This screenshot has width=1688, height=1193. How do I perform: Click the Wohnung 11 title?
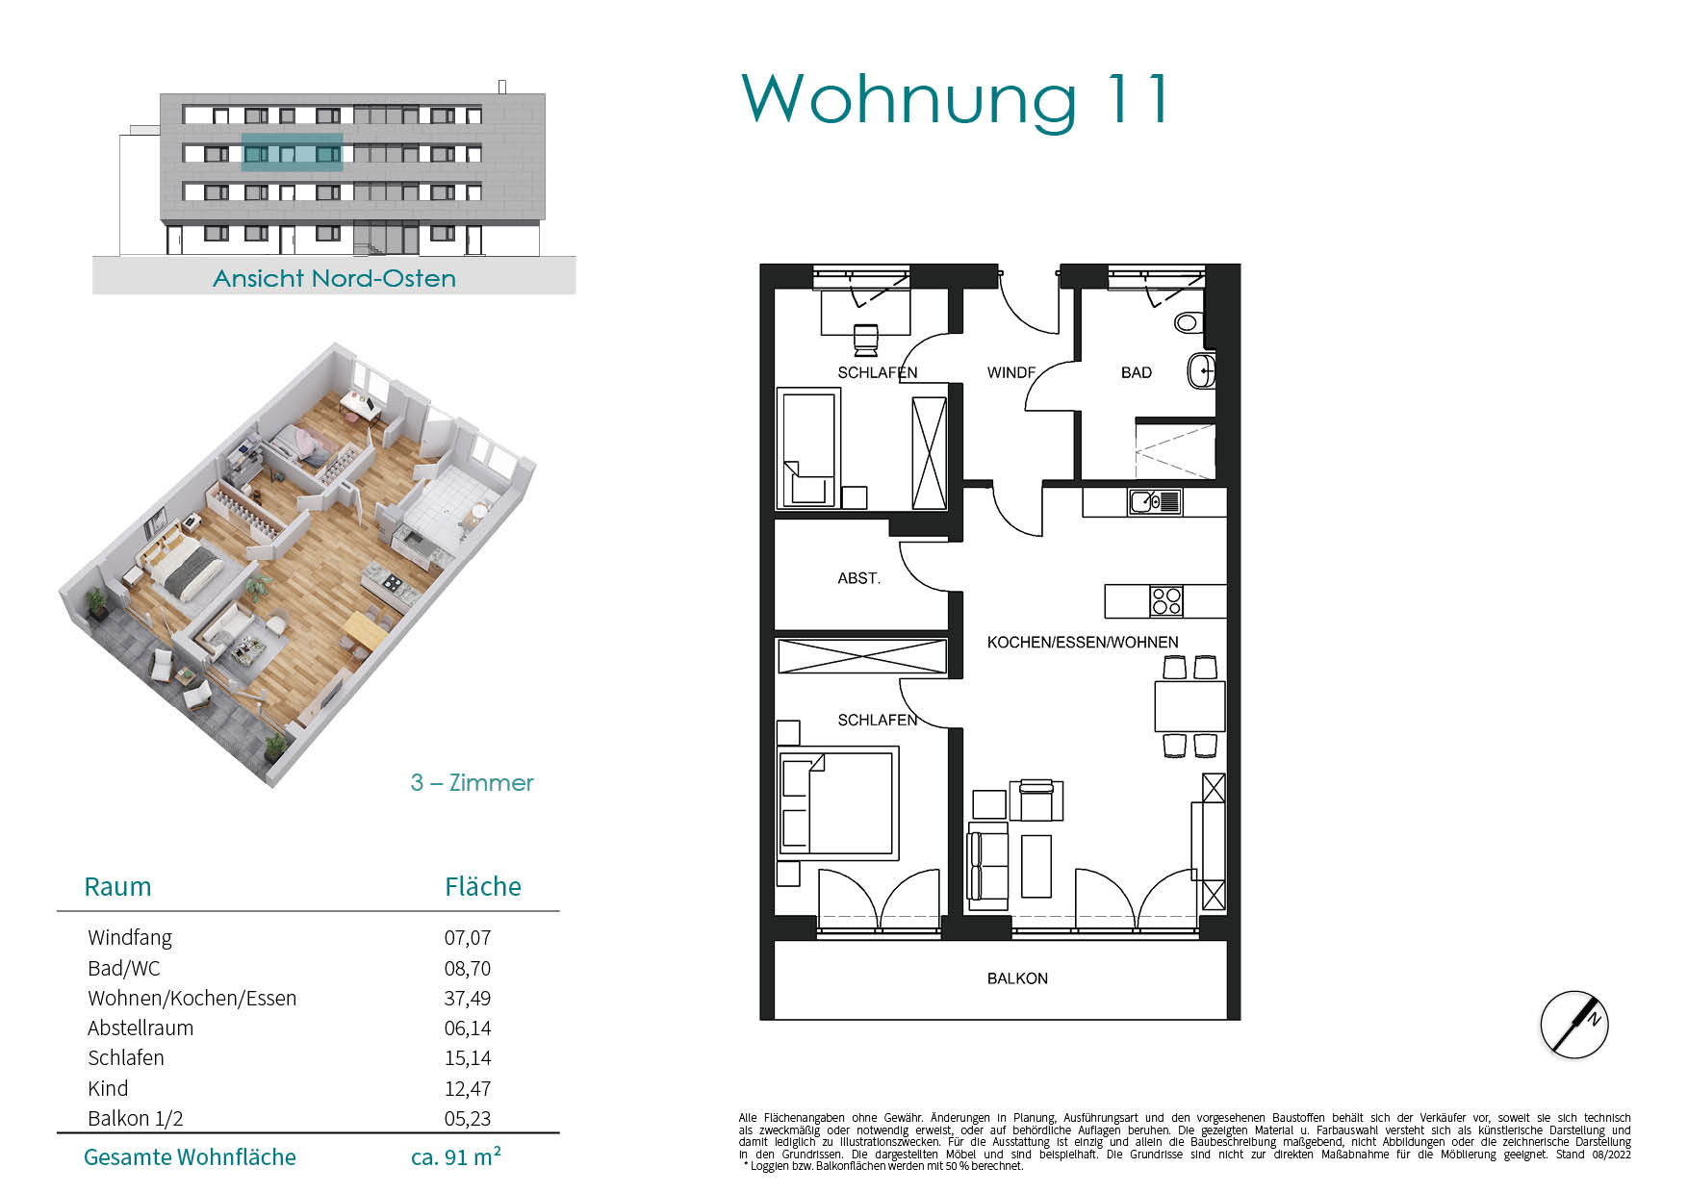[957, 100]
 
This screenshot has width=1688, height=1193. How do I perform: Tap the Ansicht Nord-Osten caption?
[334, 278]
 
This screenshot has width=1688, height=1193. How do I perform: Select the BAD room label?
[1136, 372]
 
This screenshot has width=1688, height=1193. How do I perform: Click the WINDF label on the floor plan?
[1011, 372]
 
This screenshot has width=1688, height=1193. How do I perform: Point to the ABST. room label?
[858, 578]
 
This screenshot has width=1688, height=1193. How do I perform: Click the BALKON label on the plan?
[1017, 978]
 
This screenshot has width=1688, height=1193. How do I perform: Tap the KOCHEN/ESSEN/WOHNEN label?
[1083, 642]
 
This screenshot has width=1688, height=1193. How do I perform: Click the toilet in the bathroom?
[1189, 322]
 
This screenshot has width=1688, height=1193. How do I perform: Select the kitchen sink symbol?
[1155, 501]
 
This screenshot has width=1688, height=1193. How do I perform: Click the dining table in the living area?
[1189, 705]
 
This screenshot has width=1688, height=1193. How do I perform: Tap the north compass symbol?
[1574, 1024]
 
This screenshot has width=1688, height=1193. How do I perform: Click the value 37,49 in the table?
[468, 999]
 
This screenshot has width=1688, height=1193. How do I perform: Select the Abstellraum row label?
[141, 1028]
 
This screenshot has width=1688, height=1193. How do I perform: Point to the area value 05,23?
[468, 1119]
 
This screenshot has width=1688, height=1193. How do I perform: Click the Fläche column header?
[483, 887]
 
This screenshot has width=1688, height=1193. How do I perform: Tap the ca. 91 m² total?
[456, 1156]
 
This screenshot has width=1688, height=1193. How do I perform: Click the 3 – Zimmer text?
[472, 783]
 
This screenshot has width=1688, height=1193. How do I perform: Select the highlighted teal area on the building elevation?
[292, 153]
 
